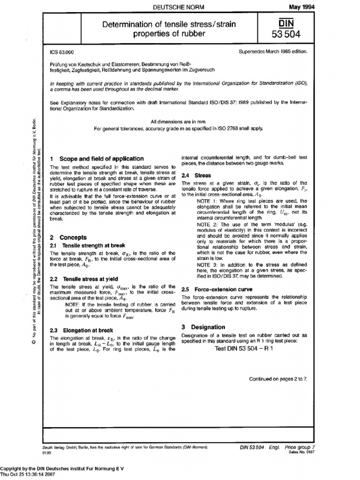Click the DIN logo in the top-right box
tap(289, 23)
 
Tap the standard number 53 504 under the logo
tap(289, 34)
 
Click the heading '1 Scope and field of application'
tap(97, 159)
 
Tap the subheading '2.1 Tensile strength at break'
tap(87, 246)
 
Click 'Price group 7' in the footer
tap(300, 448)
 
